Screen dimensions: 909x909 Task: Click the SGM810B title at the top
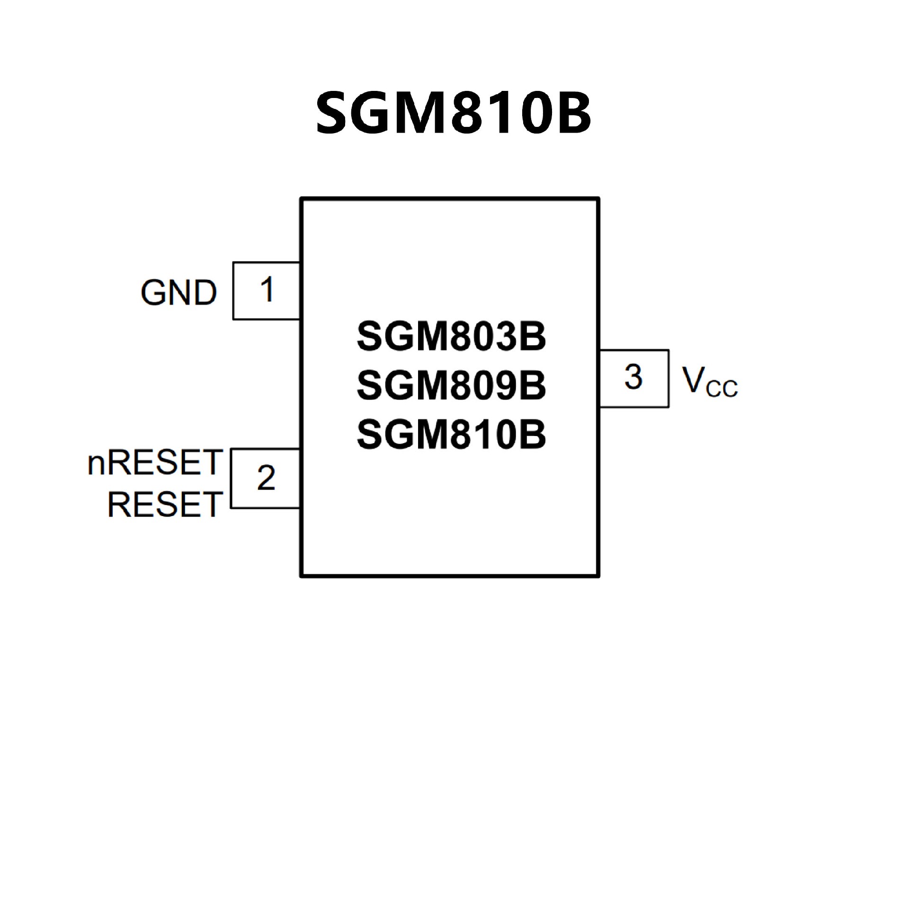pyautogui.click(x=453, y=113)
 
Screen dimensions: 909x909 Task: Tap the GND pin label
pyautogui.click(x=178, y=292)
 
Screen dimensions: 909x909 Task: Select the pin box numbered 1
pyautogui.click(x=267, y=291)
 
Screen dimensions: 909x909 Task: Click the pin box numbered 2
pyautogui.click(x=265, y=478)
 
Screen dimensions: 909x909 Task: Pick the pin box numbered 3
pyautogui.click(x=634, y=378)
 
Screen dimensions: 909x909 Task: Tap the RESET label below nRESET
pyautogui.click(x=165, y=504)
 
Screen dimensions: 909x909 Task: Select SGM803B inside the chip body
pyautogui.click(x=451, y=337)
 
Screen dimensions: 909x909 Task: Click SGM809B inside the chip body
pyautogui.click(x=451, y=385)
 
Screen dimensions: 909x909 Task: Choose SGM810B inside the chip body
pyautogui.click(x=451, y=434)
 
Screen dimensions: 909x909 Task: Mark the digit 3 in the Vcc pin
pyautogui.click(x=633, y=377)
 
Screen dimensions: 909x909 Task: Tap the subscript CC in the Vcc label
pyautogui.click(x=722, y=388)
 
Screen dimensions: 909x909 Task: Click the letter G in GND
pyautogui.click(x=154, y=292)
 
